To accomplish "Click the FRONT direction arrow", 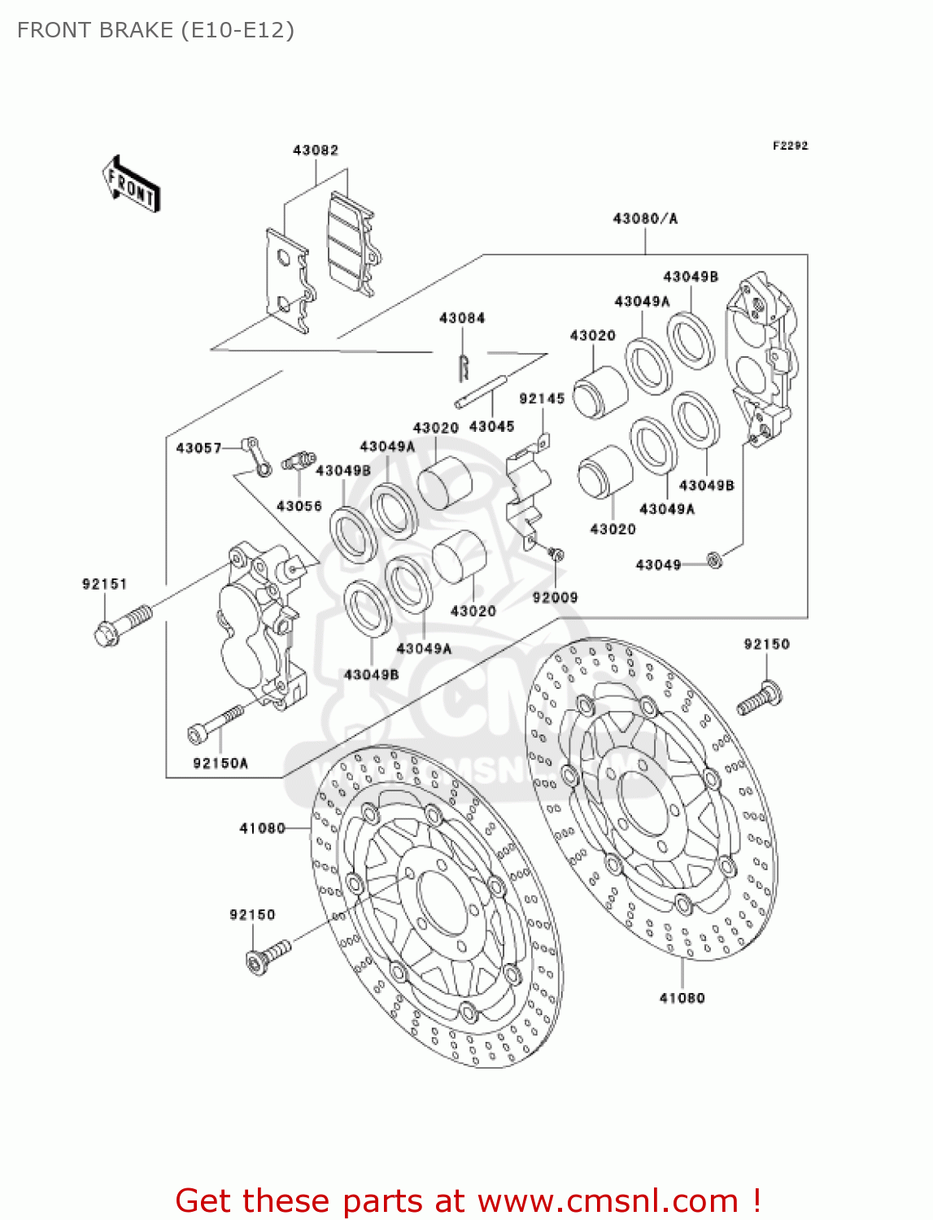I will point(131,185).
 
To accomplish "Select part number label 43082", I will point(316,150).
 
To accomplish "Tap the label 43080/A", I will point(644,218).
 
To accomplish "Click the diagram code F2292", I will point(790,146).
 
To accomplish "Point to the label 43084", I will point(462,318).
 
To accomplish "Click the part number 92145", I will point(542,399).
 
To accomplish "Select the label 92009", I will point(555,597).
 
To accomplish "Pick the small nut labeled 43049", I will point(714,560).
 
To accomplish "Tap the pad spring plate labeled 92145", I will point(527,492).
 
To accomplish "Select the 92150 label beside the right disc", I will point(766,644).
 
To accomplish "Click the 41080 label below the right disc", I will point(682,998).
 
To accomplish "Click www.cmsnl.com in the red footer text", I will point(608,1201).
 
